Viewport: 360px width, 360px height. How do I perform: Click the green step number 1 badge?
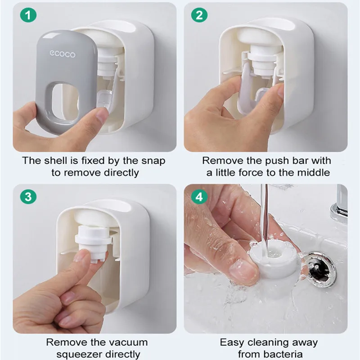(x=28, y=15)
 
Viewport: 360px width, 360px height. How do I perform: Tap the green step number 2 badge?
(x=199, y=15)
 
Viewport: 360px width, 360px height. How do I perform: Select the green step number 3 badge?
(x=28, y=197)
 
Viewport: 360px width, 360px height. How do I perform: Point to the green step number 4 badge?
(x=199, y=197)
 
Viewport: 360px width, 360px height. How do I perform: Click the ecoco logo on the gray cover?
(x=63, y=54)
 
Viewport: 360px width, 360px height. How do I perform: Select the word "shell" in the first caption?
(x=54, y=161)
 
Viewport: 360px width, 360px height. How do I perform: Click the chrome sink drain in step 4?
(x=320, y=270)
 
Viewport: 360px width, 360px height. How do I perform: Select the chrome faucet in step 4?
(x=340, y=204)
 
